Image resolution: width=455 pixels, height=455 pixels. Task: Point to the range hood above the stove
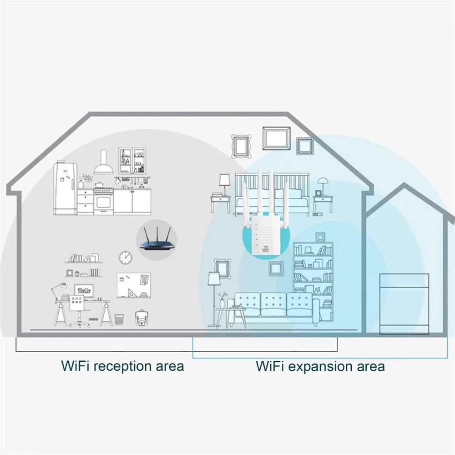tap(103, 164)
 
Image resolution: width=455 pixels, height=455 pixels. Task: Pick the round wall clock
tap(126, 258)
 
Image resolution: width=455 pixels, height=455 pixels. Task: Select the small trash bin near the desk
tap(119, 320)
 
